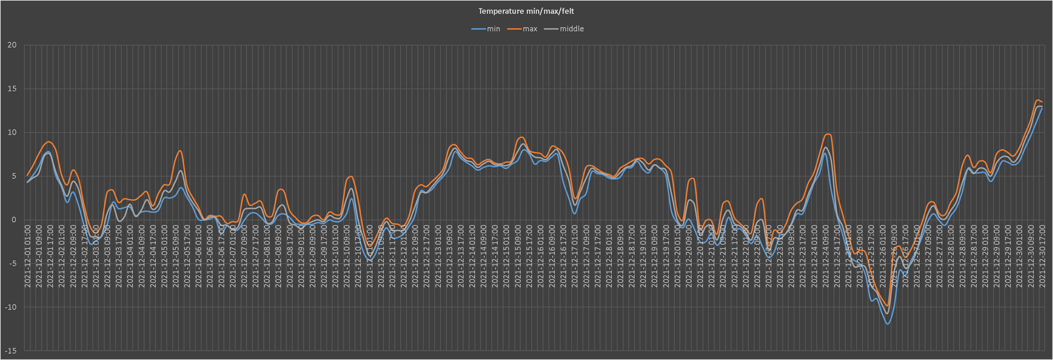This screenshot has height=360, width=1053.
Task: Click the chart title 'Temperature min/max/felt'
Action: click(526, 11)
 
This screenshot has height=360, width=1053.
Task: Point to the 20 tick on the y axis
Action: click(12, 45)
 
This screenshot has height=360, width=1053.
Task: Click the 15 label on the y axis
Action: click(12, 89)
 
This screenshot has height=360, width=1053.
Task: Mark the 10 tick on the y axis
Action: click(12, 133)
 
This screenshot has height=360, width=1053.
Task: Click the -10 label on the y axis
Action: click(10, 307)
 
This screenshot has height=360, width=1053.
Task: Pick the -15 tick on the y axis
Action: click(10, 351)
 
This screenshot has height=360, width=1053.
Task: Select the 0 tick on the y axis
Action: click(14, 220)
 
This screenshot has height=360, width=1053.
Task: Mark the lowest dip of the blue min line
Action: click(887, 323)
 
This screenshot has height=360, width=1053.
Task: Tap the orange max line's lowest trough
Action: click(887, 306)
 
